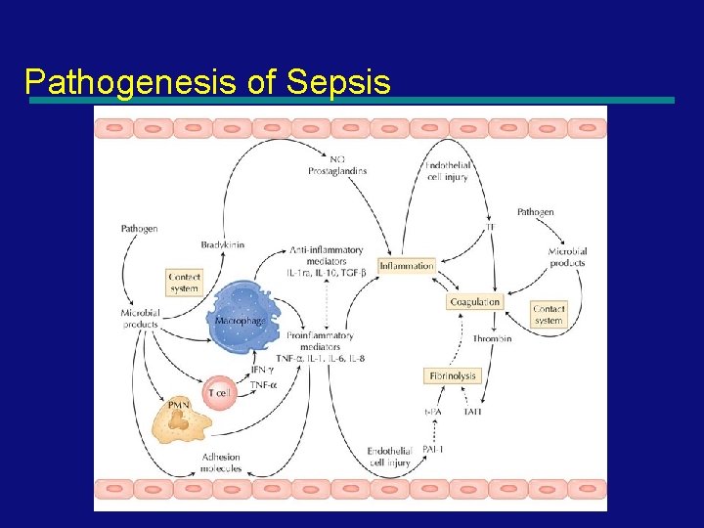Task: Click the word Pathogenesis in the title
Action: click(132, 81)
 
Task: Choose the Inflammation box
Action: click(406, 265)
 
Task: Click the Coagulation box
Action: click(474, 302)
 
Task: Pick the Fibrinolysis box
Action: click(453, 375)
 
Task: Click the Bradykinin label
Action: click(222, 244)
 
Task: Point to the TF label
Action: click(490, 228)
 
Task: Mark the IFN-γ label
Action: click(262, 371)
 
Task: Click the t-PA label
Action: click(433, 412)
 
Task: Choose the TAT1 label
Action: click(473, 412)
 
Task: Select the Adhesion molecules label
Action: click(221, 462)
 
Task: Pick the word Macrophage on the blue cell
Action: click(240, 321)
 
